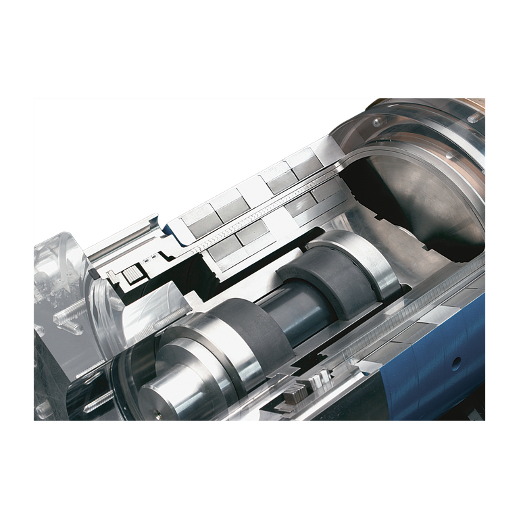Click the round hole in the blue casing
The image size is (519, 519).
pos(458,361)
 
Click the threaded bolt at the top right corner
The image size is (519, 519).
pos(475,117)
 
